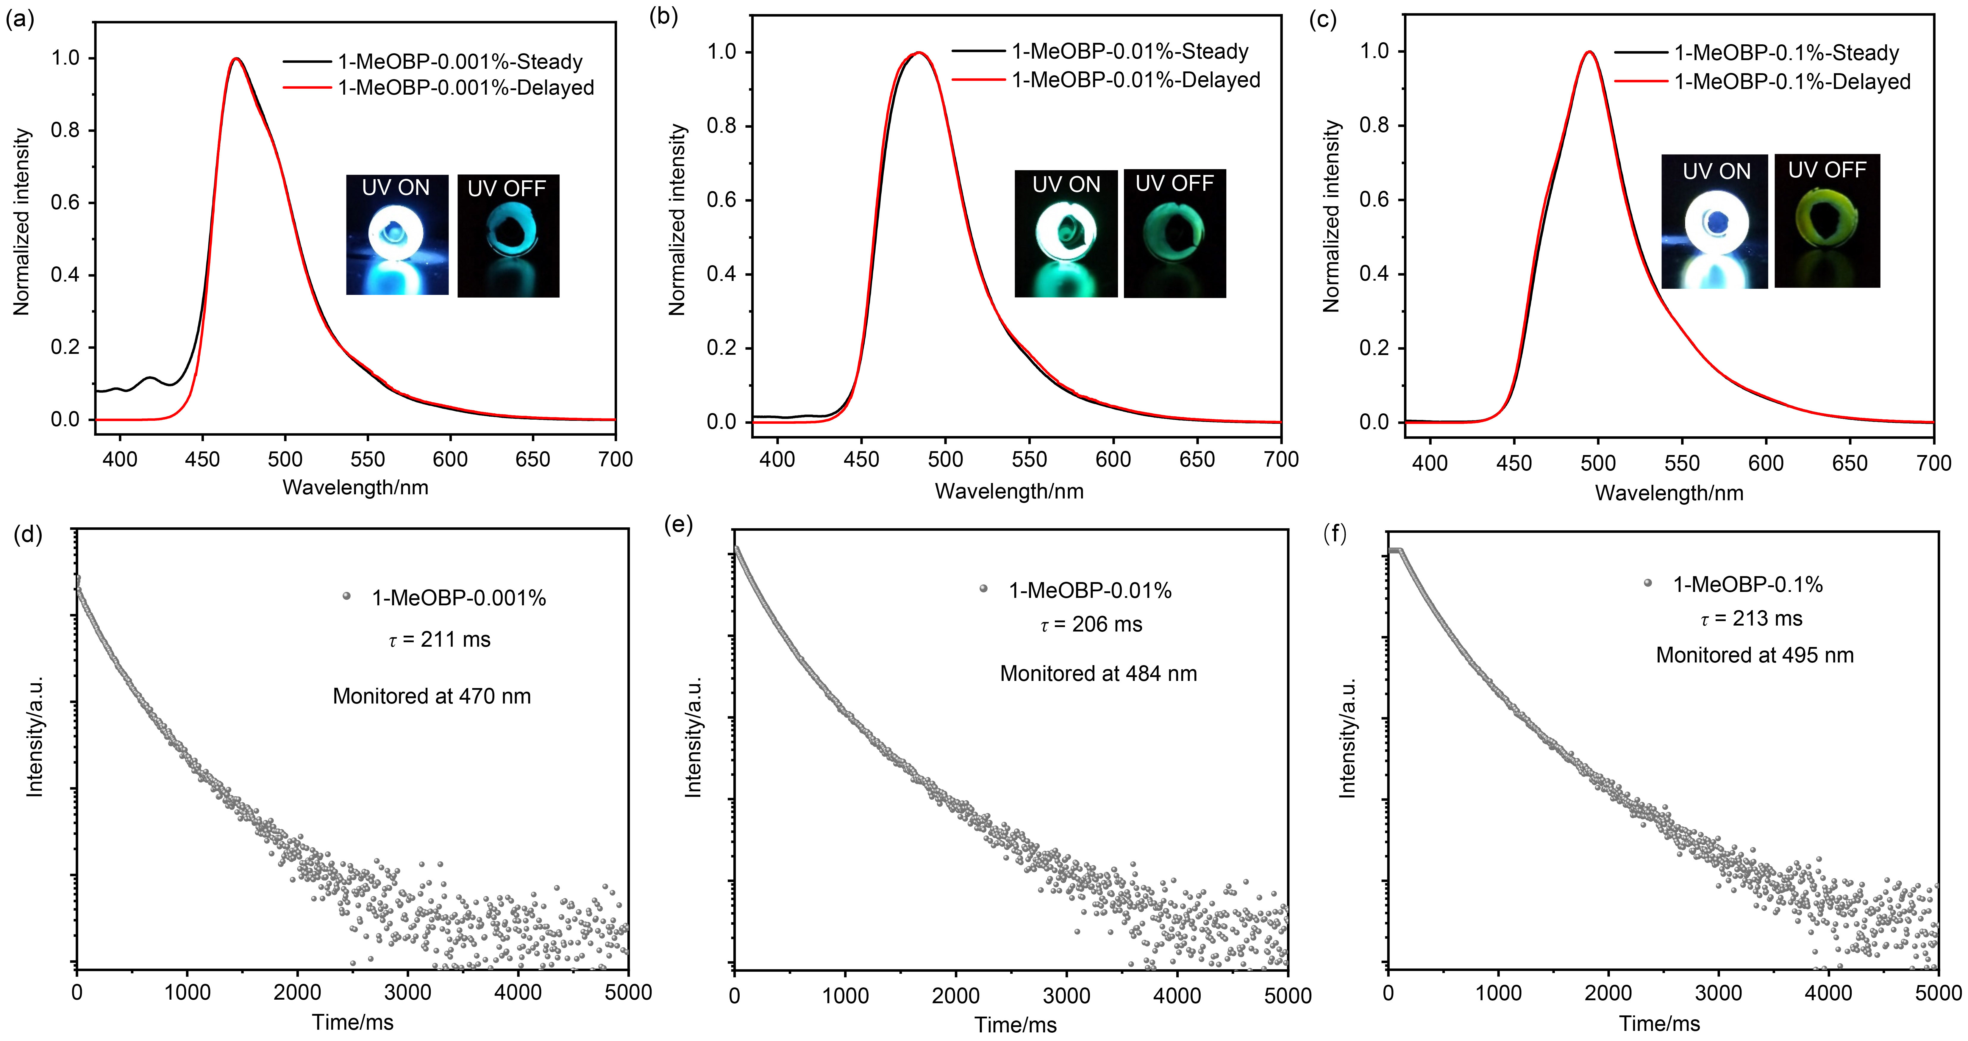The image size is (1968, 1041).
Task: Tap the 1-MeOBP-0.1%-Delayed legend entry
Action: [x=1763, y=82]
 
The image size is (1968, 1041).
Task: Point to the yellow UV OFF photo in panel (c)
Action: [x=1827, y=221]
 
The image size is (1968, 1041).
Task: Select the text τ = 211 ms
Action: [x=439, y=639]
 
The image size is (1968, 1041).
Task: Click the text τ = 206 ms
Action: [x=1091, y=625]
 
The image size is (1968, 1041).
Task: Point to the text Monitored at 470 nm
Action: [x=432, y=696]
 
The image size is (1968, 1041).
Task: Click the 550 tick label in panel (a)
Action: [x=368, y=459]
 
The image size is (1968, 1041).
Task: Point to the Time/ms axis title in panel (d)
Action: [x=353, y=1022]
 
